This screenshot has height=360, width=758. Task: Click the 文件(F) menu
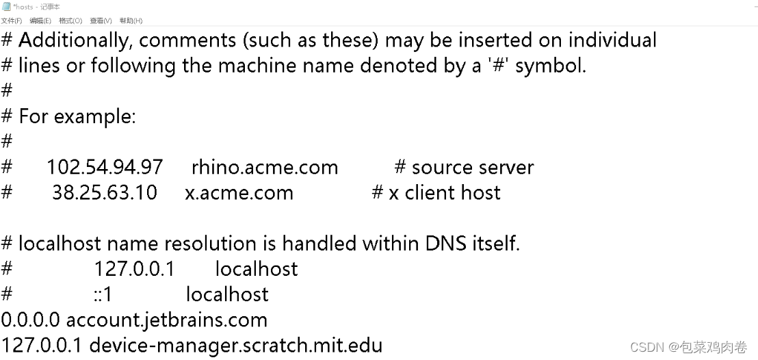11,21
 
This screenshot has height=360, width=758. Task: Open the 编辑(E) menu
40,21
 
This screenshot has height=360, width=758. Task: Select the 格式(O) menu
70,21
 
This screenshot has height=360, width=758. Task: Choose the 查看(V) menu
101,21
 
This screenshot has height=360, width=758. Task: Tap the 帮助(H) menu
131,21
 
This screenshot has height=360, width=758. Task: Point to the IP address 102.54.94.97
105,167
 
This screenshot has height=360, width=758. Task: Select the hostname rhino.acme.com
265,167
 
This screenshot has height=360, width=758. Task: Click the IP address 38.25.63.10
105,192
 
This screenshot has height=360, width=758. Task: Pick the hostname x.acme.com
239,193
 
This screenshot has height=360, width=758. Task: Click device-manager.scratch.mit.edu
236,344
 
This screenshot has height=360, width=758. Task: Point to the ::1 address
103,294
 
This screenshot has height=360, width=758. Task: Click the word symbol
550,66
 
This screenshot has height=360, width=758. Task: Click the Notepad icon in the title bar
5,6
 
